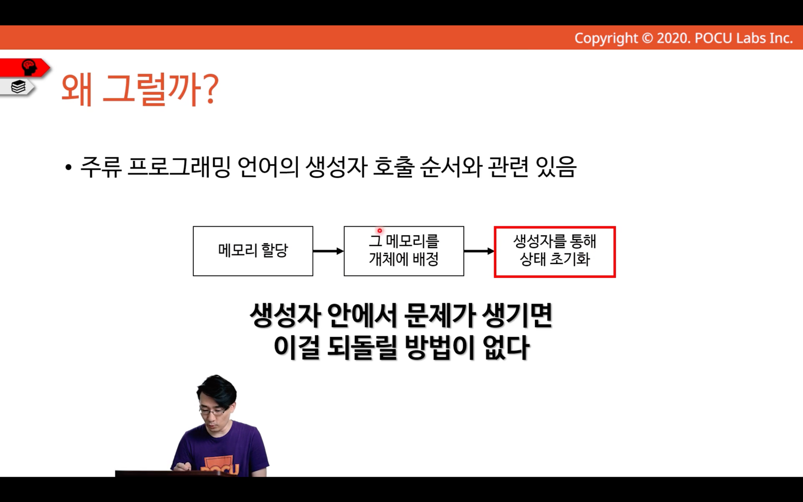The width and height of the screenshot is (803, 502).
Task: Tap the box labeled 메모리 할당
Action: point(253,251)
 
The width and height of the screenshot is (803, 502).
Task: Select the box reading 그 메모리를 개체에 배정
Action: point(404,251)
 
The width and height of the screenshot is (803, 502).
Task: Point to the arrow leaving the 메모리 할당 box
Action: point(328,251)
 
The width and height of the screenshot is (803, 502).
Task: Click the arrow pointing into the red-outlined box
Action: point(479,251)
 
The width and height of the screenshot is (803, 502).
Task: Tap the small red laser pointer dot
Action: point(380,231)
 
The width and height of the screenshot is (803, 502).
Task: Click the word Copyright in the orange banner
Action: point(606,38)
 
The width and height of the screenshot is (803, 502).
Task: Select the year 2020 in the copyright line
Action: point(673,38)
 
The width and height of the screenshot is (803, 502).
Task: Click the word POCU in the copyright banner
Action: point(713,38)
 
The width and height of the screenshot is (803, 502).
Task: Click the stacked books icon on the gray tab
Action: point(18,87)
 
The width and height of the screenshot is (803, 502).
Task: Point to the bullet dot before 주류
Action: point(69,167)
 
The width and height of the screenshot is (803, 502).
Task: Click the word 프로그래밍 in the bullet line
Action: point(178,167)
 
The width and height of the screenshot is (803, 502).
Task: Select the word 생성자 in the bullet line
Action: point(336,167)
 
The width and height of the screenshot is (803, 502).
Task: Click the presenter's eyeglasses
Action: point(212,411)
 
